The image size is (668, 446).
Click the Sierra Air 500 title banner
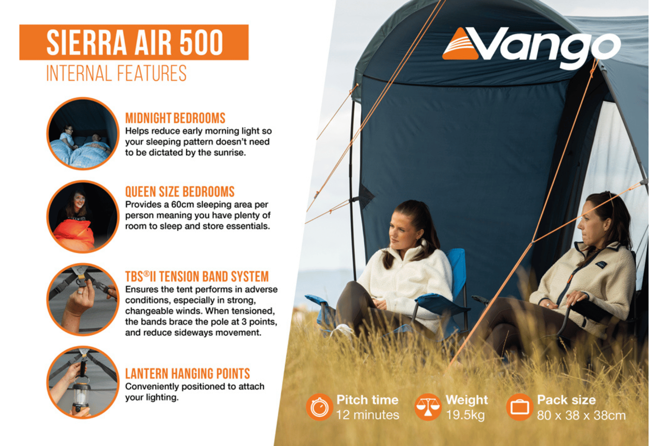(134, 42)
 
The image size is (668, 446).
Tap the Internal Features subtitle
(116, 73)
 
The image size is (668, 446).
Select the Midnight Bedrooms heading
(175, 118)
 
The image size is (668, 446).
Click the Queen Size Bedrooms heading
(180, 192)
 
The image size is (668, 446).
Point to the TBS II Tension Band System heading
(197, 277)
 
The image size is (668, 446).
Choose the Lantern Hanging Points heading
(187, 373)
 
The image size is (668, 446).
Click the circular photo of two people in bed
(83, 133)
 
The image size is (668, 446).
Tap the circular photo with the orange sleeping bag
(83, 217)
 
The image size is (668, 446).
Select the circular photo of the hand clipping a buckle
(83, 299)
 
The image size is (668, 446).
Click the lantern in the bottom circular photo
(81, 397)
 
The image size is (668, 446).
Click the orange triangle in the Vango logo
(460, 44)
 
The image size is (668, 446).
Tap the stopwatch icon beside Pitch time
(319, 407)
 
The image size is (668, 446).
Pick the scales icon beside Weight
(428, 407)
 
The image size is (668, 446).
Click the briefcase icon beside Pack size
(520, 407)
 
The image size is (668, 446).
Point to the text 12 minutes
(367, 415)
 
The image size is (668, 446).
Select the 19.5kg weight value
(465, 415)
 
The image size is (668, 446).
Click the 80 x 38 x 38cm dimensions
(581, 415)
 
